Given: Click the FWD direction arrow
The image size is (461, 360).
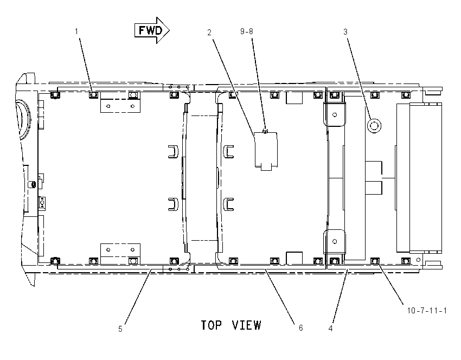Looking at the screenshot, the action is click(x=152, y=30).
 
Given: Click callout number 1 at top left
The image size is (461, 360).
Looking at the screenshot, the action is click(x=76, y=31).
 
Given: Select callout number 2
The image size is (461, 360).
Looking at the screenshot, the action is click(x=209, y=33).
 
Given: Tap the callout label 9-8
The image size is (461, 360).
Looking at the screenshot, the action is click(x=246, y=31).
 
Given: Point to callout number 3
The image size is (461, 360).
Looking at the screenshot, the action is click(x=345, y=32).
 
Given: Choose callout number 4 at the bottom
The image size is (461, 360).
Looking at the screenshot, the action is click(x=330, y=328).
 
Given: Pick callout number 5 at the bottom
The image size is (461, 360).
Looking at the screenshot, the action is click(x=120, y=329).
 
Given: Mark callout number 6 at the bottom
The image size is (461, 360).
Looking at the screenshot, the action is click(x=301, y=327).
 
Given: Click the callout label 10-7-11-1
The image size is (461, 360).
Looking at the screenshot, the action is click(x=427, y=310).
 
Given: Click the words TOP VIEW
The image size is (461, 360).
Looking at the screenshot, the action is click(x=231, y=325).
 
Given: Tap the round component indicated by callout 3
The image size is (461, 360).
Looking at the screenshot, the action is click(x=374, y=126).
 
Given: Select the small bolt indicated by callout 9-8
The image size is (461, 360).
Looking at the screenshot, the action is click(x=265, y=131).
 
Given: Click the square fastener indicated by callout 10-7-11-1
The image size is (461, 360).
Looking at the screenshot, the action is click(x=375, y=261).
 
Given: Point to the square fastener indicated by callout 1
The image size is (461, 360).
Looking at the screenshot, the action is click(x=93, y=95).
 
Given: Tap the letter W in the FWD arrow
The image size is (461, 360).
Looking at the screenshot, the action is click(x=150, y=30).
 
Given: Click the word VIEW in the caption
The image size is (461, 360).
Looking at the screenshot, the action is click(x=246, y=325).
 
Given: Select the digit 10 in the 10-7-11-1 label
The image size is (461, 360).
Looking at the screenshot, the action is click(x=411, y=310).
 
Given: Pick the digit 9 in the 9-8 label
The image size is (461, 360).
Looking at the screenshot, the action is click(x=242, y=31).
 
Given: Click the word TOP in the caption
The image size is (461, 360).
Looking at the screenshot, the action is click(x=210, y=325).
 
